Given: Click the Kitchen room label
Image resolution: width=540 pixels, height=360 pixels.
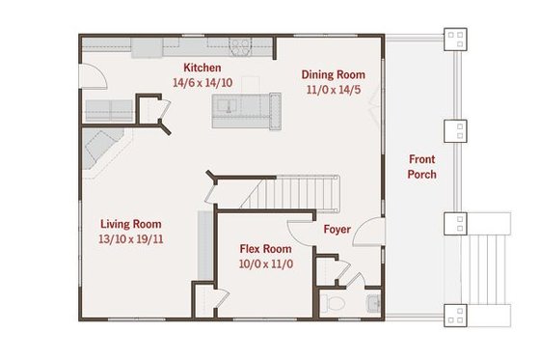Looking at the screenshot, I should [202, 68].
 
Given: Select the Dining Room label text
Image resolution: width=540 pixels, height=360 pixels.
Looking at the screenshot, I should [334, 74].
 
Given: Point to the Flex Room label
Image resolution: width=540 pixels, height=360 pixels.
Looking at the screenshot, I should [265, 248].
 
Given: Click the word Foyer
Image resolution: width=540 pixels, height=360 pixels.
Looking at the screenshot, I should [337, 230].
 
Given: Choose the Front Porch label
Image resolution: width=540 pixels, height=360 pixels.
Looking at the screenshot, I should [422, 166].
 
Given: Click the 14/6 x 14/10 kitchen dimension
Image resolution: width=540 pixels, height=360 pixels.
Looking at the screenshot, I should [203, 83].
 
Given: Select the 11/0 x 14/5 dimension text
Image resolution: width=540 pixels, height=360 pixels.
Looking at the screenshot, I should [334, 90].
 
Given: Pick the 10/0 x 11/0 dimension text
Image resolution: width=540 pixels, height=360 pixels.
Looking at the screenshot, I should [265, 263].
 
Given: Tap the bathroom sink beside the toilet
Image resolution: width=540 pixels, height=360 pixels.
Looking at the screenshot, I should [371, 305].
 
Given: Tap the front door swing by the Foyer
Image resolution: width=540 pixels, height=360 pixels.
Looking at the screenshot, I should [367, 235].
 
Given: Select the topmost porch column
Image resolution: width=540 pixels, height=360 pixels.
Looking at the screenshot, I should [455, 39].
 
